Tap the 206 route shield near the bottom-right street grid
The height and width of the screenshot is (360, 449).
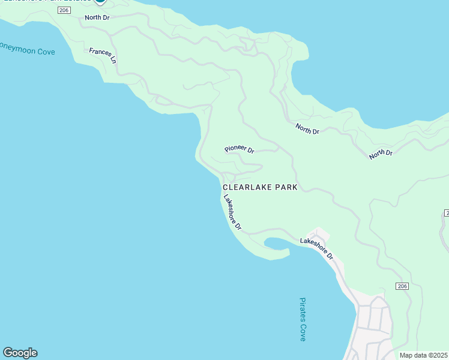click(x=402, y=286)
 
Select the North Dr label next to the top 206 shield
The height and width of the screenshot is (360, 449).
click(x=97, y=17)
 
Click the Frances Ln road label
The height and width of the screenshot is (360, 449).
click(x=102, y=55)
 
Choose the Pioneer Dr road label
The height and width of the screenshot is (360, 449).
click(x=240, y=149)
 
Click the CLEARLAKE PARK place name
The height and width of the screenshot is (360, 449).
click(x=260, y=187)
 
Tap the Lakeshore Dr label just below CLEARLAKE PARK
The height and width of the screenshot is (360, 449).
click(x=232, y=213)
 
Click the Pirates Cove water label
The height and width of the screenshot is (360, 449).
click(x=303, y=319)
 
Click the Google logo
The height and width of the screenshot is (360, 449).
click(x=20, y=353)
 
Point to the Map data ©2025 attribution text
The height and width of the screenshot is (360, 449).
click(x=423, y=355)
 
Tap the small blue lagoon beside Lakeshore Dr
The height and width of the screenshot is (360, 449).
click(x=277, y=244)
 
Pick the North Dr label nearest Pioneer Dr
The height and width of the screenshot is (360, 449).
click(x=307, y=128)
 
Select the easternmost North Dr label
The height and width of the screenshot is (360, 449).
click(x=381, y=154)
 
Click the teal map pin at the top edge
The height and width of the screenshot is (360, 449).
click(x=100, y=2)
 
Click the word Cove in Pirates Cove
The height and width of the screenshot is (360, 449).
click(x=303, y=333)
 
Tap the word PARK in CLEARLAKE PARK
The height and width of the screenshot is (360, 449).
click(x=286, y=187)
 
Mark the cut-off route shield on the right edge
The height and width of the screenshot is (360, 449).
click(x=447, y=213)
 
